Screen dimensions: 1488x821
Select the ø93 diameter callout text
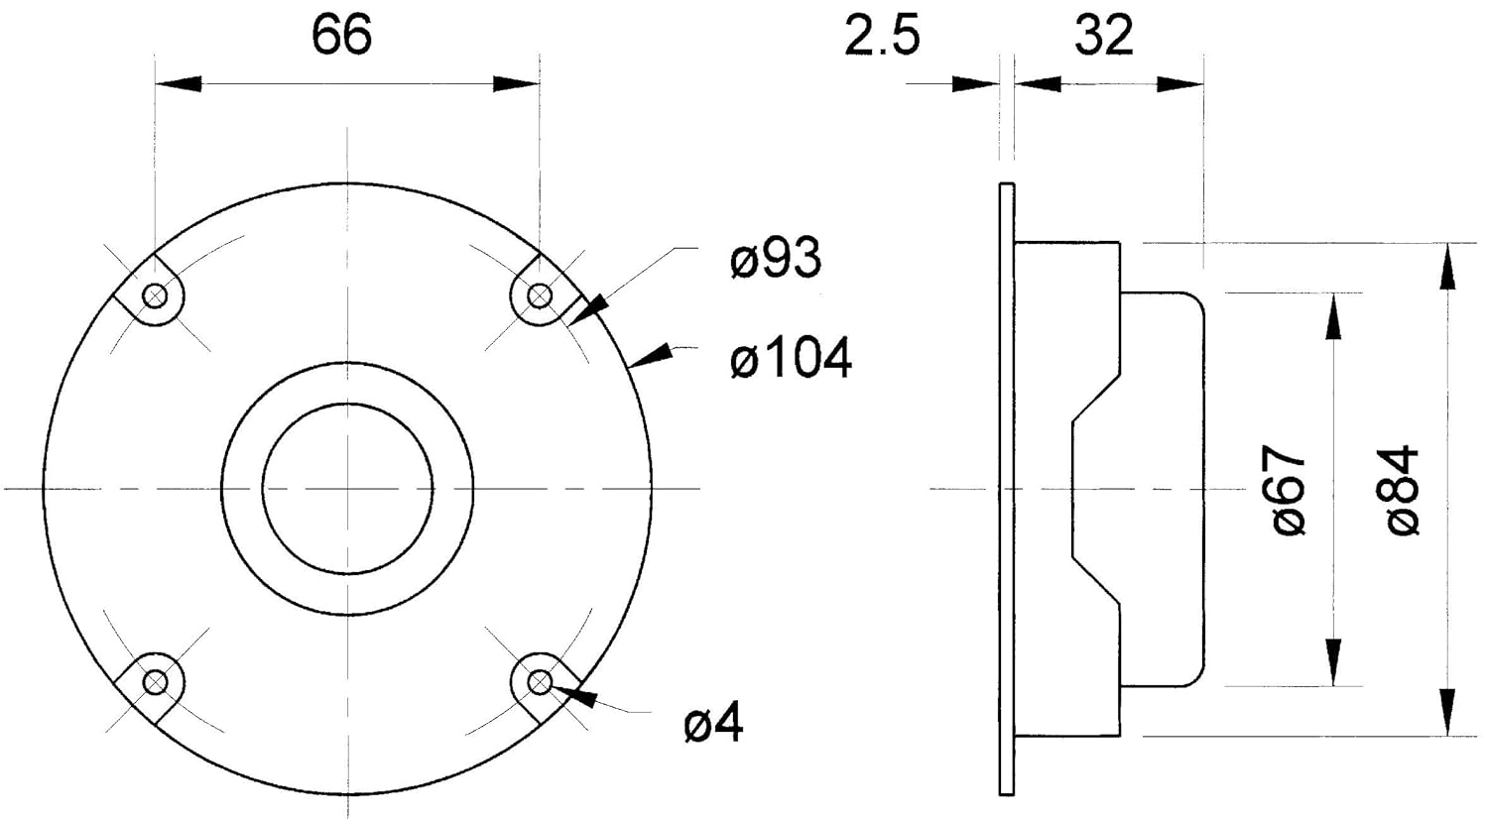click(x=775, y=259)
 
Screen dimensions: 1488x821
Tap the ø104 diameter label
click(x=791, y=358)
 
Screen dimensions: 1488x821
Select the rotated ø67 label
click(x=1289, y=490)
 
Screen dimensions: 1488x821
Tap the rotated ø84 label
click(x=1403, y=490)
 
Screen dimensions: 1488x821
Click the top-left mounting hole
click(x=156, y=294)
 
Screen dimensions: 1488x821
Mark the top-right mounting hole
click(x=540, y=294)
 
